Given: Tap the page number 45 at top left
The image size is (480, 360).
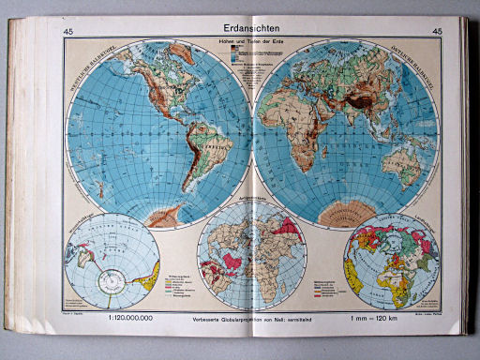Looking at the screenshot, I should [x=68, y=33].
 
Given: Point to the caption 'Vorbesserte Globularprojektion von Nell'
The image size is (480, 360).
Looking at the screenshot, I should [x=250, y=319].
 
